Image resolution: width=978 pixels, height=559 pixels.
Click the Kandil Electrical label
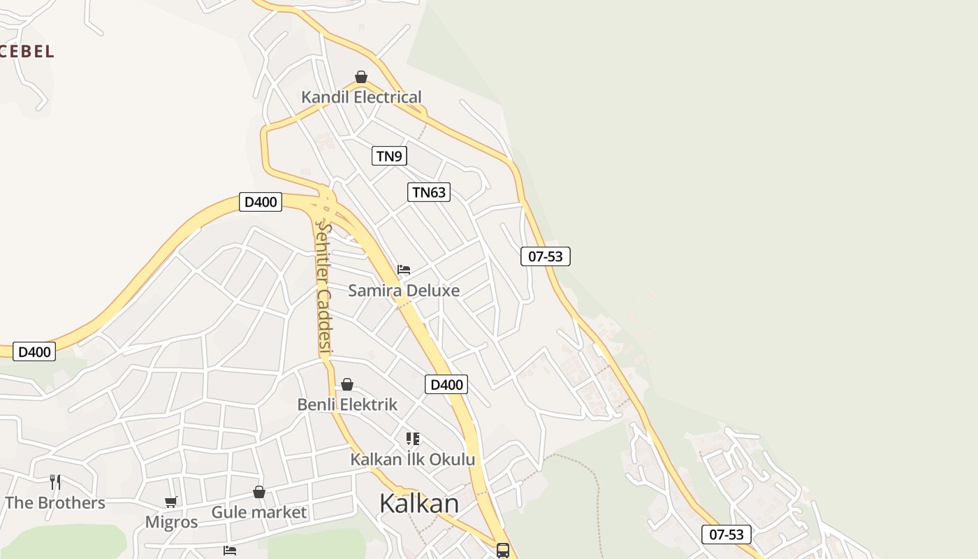[x=361, y=97]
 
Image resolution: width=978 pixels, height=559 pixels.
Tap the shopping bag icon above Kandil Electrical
[x=361, y=77]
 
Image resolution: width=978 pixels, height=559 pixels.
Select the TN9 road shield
[x=389, y=156]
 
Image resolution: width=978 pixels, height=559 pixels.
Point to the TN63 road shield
[x=429, y=192]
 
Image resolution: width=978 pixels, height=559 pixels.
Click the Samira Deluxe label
[x=404, y=291]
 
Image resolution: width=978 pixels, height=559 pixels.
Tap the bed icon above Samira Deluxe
[x=404, y=270]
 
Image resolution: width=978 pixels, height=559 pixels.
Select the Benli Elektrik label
[x=347, y=405]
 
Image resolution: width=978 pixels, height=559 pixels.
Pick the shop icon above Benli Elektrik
[x=347, y=384]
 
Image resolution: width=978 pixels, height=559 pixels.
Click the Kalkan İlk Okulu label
[x=412, y=459]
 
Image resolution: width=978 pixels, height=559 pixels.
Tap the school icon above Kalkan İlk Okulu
[x=413, y=439]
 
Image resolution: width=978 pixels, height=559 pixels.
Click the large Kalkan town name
[x=419, y=503]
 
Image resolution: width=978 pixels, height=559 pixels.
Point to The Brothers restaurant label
[x=55, y=502]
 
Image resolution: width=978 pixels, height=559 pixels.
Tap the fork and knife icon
[x=55, y=482]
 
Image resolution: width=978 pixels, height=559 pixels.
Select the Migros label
[x=171, y=522]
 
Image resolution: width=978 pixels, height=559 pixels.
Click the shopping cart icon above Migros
[x=171, y=502]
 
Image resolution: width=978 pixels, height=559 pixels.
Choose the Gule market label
[x=259, y=512]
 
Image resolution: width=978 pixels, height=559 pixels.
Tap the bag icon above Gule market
[x=259, y=492]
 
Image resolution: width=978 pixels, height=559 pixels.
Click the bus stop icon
[x=503, y=551]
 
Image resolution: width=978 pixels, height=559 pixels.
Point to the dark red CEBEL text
[x=27, y=51]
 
